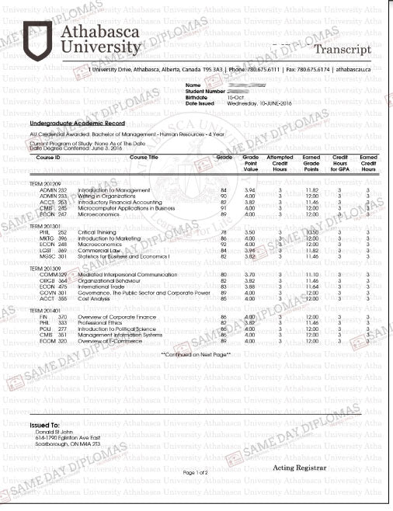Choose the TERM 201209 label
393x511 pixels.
tap(45, 182)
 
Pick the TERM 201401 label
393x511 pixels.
tap(45, 310)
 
